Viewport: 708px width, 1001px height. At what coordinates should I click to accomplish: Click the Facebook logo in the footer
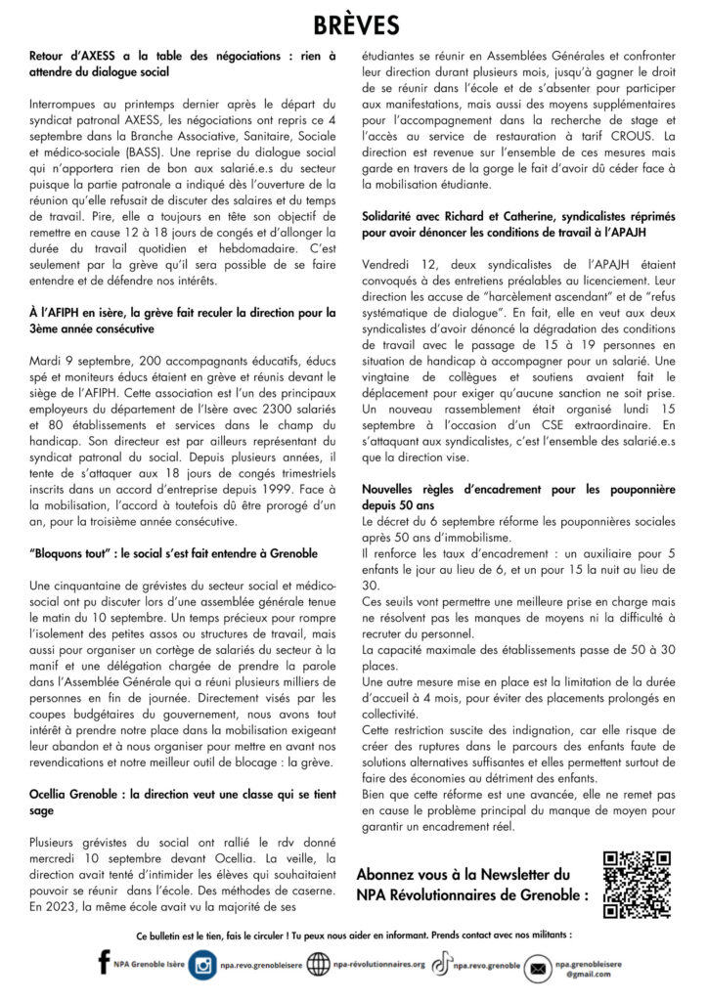coord(104,964)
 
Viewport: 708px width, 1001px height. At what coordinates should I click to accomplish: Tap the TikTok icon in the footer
coord(442,965)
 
